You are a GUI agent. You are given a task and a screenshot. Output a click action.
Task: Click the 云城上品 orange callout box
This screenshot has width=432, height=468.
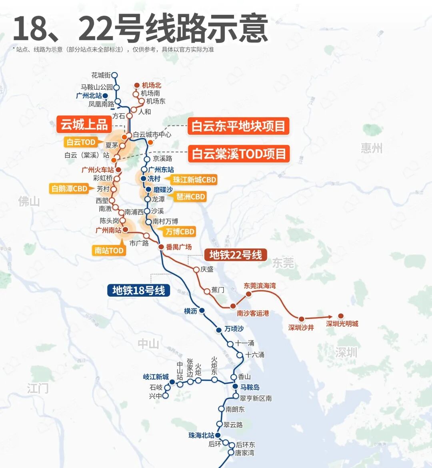84,125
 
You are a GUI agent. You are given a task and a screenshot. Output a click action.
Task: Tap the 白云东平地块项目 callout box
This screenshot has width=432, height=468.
238,126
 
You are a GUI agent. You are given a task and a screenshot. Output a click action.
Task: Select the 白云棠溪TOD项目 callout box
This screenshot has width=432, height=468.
239,154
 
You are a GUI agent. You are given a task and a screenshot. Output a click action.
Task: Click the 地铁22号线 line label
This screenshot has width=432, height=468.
236,255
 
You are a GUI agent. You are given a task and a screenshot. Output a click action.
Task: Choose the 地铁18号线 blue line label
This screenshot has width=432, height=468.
138,290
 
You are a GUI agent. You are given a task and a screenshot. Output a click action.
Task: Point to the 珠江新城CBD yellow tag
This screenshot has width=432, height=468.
194,180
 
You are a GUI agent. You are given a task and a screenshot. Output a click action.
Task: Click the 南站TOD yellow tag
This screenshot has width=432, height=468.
109,251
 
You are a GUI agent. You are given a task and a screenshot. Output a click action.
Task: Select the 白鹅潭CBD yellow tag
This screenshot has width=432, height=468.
69,189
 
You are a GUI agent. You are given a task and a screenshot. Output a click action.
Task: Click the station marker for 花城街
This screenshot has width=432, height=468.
115,75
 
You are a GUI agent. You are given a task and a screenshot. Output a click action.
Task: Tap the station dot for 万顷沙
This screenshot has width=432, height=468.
219,330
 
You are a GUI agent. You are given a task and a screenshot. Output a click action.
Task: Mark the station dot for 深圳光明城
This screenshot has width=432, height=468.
341,316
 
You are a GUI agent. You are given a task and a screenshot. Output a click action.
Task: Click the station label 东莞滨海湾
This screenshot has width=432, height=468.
260,286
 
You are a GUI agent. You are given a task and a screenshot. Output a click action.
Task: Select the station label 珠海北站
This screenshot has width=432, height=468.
201,435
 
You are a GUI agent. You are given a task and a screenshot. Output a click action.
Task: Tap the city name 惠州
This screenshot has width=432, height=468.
372,148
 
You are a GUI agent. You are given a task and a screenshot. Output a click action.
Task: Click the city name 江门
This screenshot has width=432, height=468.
38,388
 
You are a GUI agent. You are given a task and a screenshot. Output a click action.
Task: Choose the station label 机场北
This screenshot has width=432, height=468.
152,85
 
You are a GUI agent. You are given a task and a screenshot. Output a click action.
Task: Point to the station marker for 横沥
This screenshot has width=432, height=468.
202,311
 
